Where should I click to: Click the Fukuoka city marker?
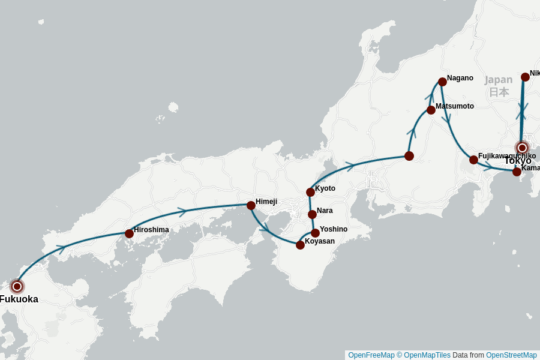click(x=17, y=286)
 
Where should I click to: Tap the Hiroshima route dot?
click(x=129, y=233)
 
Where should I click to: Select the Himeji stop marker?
click(x=251, y=205)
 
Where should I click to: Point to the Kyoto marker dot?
click(x=310, y=192)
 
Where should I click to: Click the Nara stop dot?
click(x=312, y=214)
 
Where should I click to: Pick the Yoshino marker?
click(x=315, y=233)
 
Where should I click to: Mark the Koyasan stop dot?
click(x=300, y=245)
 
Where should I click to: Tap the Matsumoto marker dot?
click(x=431, y=110)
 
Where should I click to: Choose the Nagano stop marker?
click(x=442, y=82)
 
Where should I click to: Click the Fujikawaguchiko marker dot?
click(x=473, y=160)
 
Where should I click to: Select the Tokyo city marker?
click(x=522, y=148)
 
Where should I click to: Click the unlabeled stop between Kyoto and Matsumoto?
click(x=409, y=156)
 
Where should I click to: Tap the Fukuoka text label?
click(x=19, y=299)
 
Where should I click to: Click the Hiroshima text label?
click(x=151, y=229)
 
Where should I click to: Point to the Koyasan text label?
click(x=320, y=241)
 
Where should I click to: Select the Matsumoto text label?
click(x=455, y=106)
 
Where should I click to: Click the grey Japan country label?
click(x=499, y=80)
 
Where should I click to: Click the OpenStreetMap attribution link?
click(x=511, y=355)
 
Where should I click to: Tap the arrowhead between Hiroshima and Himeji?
click(x=182, y=212)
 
